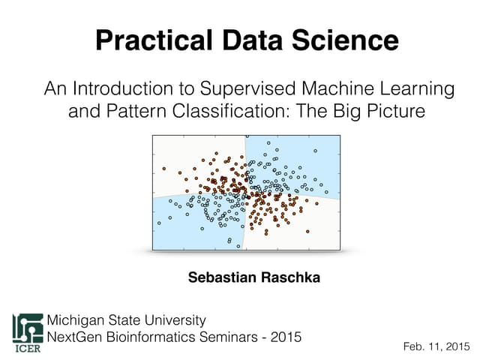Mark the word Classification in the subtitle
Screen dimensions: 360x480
tap(256, 112)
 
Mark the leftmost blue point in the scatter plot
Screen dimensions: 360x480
tap(159, 223)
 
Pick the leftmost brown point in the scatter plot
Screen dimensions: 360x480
tap(164, 169)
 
